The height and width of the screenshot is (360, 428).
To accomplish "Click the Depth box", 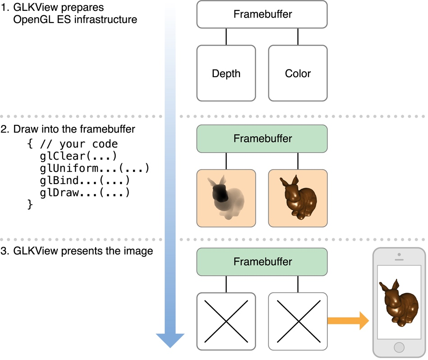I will click(226, 73).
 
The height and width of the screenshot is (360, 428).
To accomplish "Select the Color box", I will click(298, 73).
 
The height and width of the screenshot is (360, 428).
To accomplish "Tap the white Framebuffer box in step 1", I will click(262, 14).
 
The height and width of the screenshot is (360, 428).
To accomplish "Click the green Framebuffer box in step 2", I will click(262, 138).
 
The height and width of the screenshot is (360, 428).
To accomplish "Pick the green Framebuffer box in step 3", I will click(262, 262).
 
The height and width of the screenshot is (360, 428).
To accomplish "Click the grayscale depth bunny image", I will click(226, 198).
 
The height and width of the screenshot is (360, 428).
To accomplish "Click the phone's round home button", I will click(399, 347).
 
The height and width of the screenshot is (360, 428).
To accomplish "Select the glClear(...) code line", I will click(78, 156).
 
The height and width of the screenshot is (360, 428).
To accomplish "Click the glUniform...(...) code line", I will click(94, 168).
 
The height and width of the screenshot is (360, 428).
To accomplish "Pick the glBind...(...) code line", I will click(84, 180).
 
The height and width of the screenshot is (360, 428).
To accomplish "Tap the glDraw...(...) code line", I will click(84, 193).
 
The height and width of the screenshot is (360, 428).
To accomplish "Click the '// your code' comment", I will click(78, 144).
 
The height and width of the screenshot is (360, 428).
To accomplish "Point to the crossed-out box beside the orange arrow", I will click(298, 321).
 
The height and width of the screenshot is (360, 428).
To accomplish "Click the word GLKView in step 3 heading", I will click(32, 251).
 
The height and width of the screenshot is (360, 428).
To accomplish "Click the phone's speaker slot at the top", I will click(399, 260).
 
